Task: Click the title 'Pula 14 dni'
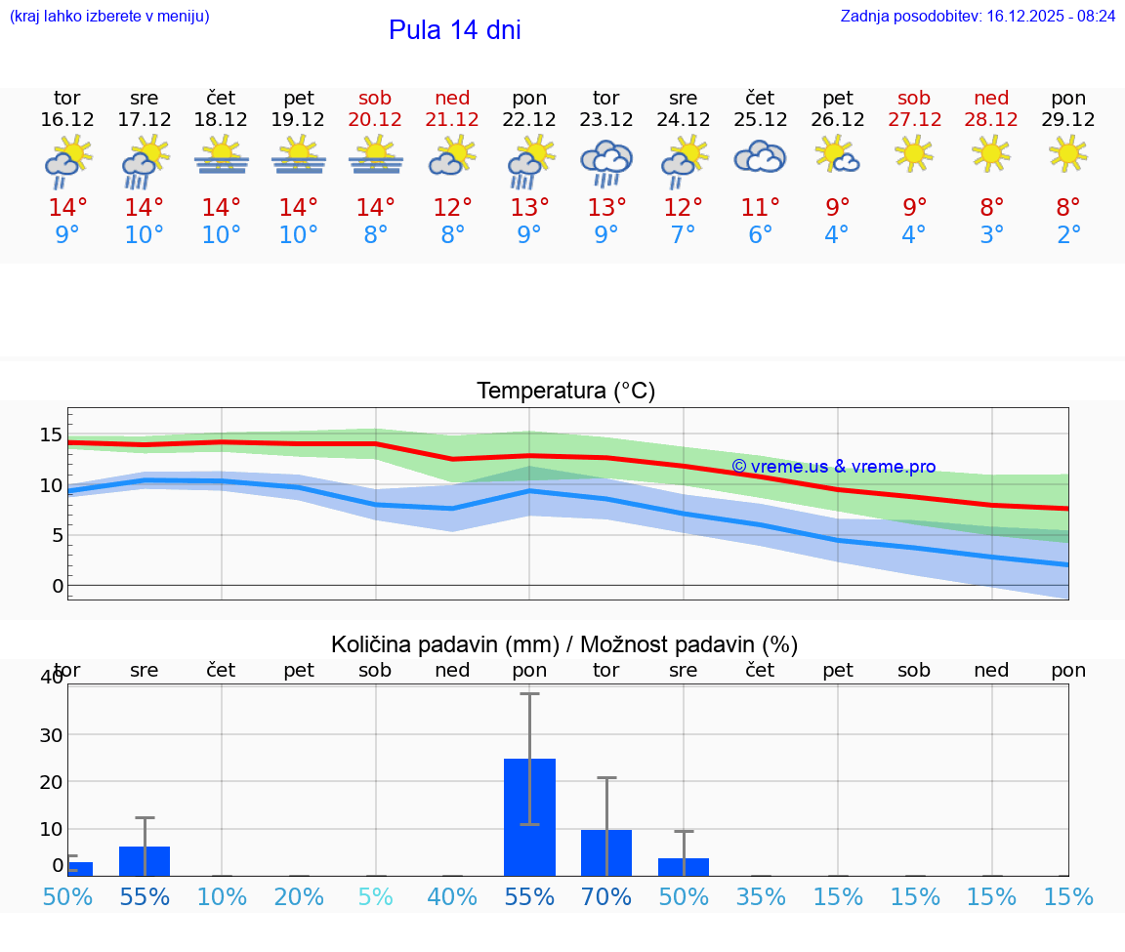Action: pos(454,30)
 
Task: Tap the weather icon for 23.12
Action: pos(606,162)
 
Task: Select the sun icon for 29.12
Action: pos(1068,153)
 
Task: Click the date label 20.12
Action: pos(375,120)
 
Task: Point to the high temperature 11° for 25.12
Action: pos(760,207)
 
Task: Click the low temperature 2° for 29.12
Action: pos(1068,235)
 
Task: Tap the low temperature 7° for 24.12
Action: pos(683,235)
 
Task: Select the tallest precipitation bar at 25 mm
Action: pos(529,817)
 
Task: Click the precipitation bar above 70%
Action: pos(606,852)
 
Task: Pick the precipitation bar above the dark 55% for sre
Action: pos(145,860)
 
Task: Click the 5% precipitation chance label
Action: pos(375,896)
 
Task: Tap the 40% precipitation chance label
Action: pos(452,896)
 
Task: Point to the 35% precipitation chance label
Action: pos(760,896)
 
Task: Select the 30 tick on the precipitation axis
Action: pos(51,734)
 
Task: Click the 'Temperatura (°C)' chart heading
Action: pos(565,392)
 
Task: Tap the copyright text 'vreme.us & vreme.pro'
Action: pos(834,467)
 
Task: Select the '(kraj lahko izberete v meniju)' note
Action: pos(109,17)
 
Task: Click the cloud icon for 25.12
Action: pos(760,156)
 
